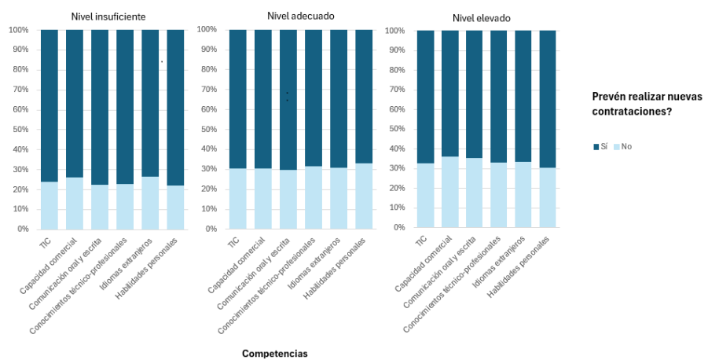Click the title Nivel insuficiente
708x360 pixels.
point(108,16)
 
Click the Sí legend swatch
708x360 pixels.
point(595,147)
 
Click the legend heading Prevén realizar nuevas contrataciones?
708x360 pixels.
point(647,104)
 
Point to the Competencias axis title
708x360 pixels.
point(274,354)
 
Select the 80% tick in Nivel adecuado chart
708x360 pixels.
point(207,69)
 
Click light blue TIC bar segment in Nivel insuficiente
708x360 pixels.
point(50,205)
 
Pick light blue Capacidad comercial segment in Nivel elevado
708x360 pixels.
point(450,192)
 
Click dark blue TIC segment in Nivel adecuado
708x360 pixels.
point(238,99)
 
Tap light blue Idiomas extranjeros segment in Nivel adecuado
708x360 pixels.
point(339,198)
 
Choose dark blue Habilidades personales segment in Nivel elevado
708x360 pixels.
point(548,99)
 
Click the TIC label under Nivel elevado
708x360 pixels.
point(421,240)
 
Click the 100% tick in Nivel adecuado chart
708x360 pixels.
point(205,30)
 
